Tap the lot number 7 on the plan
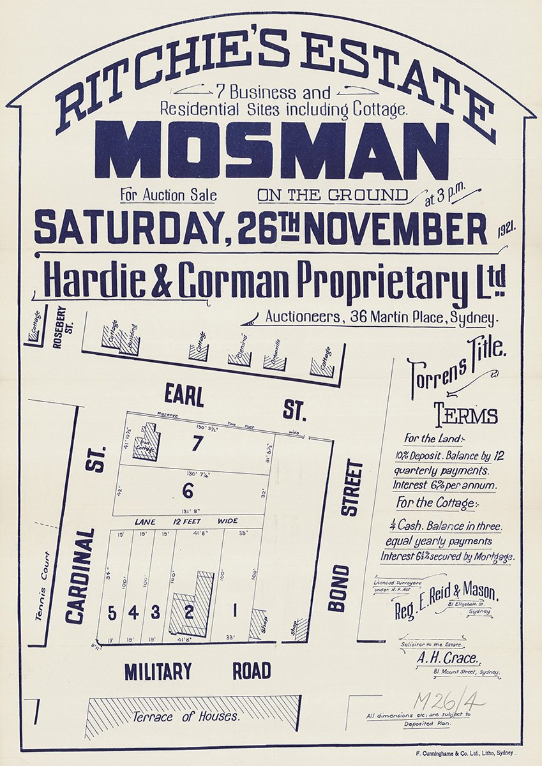point(197,443)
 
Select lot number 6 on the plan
point(188,491)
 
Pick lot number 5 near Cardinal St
point(112,613)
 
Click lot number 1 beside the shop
point(235,612)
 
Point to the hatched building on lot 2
point(194,603)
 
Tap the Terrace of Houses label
point(186,717)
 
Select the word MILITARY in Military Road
point(158,672)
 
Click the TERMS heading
point(466,416)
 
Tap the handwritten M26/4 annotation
point(448,700)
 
